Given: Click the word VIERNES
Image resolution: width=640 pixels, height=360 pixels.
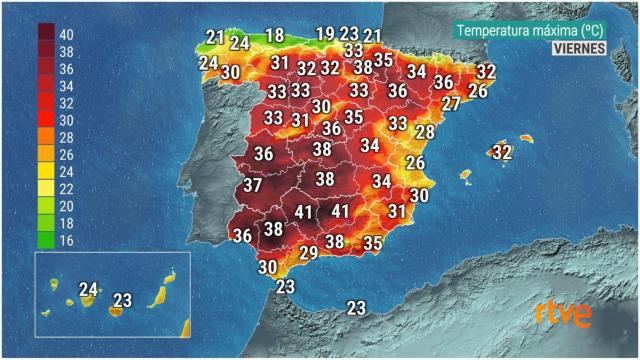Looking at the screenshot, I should pyautogui.click(x=579, y=49).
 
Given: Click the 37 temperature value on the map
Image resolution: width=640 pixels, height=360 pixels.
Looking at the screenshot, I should pyautogui.click(x=253, y=186).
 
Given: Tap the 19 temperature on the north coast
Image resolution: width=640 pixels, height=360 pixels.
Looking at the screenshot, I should pyautogui.click(x=326, y=34).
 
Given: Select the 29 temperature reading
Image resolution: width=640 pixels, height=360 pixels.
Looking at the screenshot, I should pyautogui.click(x=308, y=253).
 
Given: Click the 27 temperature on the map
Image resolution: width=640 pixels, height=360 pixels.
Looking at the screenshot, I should pyautogui.click(x=451, y=104).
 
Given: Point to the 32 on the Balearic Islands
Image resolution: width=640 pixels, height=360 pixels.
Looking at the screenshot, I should pyautogui.click(x=502, y=153).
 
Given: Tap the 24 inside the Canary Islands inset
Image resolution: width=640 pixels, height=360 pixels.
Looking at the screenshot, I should pyautogui.click(x=88, y=290).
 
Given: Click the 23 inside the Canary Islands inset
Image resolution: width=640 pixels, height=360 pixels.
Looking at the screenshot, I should pyautogui.click(x=123, y=299).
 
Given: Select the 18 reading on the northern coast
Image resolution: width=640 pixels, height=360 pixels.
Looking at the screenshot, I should pyautogui.click(x=274, y=36).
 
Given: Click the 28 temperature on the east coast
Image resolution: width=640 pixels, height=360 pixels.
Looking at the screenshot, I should pyautogui.click(x=425, y=132).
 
